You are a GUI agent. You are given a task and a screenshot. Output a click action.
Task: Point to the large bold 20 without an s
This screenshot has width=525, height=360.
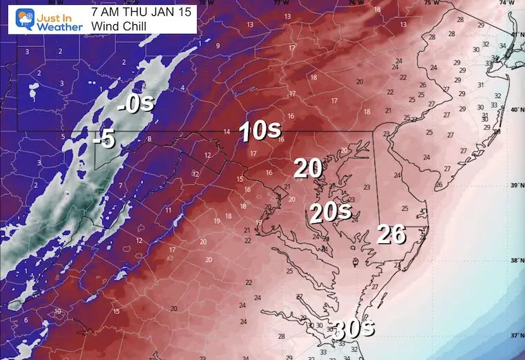[308, 168]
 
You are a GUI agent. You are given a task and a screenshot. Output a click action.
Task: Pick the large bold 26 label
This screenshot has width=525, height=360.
[391, 235]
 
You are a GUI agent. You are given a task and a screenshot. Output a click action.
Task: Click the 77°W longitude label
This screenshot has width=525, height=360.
[278, 3]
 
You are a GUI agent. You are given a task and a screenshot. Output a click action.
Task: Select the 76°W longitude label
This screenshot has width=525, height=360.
[355, 3]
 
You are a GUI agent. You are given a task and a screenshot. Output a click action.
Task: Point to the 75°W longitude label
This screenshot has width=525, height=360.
[432, 3]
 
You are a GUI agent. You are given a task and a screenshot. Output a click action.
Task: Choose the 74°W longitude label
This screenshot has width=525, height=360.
[509, 3]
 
